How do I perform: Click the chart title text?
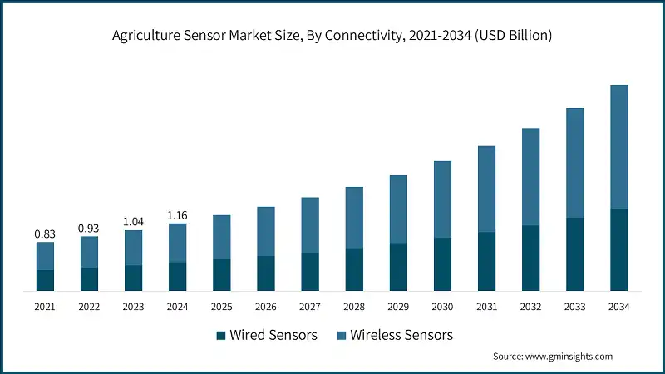coord(332,36)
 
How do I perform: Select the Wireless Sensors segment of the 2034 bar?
coord(619,146)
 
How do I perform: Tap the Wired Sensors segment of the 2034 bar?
coord(619,249)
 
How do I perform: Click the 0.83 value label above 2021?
coord(45,234)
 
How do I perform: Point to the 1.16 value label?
coord(177,215)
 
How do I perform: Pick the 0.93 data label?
coord(89,228)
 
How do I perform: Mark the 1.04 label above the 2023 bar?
coord(133,222)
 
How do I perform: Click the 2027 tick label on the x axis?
coord(310,307)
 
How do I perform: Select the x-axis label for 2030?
coord(442,307)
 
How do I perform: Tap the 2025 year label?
coord(221,307)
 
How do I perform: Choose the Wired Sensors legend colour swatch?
coord(221,336)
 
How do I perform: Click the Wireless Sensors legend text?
coord(401,336)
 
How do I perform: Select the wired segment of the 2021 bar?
coord(45,280)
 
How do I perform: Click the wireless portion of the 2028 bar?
coord(354,217)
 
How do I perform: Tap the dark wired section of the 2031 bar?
coord(486,261)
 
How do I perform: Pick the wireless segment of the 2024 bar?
coord(177,243)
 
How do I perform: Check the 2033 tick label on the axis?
coord(575,307)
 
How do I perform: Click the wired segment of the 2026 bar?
coord(265,273)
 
